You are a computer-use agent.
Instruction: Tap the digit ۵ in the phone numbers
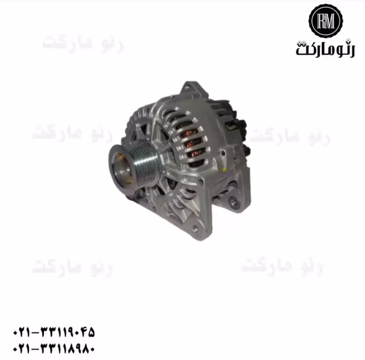click(x=91, y=332)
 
